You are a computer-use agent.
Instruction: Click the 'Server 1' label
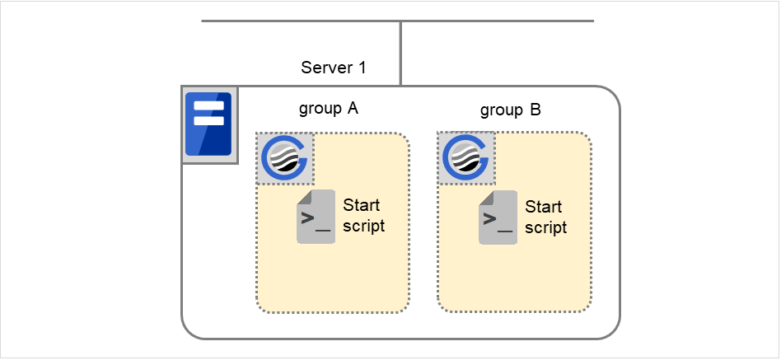pyautogui.click(x=333, y=68)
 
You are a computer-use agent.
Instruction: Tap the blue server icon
pyautogui.click(x=209, y=124)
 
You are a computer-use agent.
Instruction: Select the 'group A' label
pyautogui.click(x=328, y=109)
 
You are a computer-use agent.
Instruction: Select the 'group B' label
pyautogui.click(x=510, y=110)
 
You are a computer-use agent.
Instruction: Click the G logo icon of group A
pyautogui.click(x=284, y=157)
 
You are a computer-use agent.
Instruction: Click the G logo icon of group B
pyautogui.click(x=467, y=157)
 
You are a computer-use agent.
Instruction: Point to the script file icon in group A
pyautogui.click(x=316, y=217)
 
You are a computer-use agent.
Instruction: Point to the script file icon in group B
pyautogui.click(x=498, y=217)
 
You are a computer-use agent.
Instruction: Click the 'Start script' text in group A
pyautogui.click(x=363, y=215)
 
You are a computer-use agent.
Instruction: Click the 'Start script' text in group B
pyautogui.click(x=545, y=217)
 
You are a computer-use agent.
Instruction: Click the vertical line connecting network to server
pyautogui.click(x=400, y=54)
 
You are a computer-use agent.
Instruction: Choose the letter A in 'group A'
pyautogui.click(x=353, y=109)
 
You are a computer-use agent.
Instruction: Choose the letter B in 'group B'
pyautogui.click(x=535, y=110)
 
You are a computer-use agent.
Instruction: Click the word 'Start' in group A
pyautogui.click(x=362, y=205)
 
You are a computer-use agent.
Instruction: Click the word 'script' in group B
pyautogui.click(x=545, y=227)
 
